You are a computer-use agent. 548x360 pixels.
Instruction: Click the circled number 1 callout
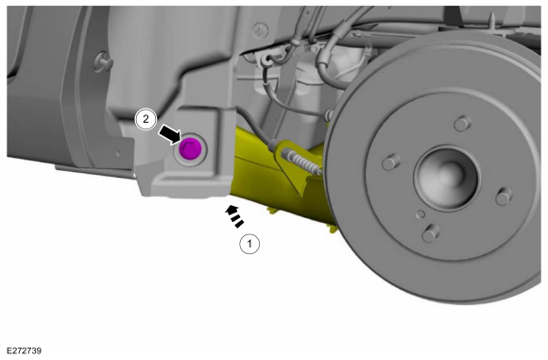tap(249, 243)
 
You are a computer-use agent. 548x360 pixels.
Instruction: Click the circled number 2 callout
tap(146, 120)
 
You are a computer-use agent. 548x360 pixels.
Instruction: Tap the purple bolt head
tap(190, 148)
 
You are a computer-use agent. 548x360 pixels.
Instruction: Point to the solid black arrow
tap(170, 134)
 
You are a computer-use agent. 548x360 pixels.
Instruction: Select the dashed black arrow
tap(233, 216)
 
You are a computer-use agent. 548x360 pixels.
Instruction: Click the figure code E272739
tap(25, 351)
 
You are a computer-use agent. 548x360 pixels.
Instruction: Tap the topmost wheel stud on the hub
tap(463, 123)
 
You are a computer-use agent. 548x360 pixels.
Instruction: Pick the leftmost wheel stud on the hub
tap(391, 163)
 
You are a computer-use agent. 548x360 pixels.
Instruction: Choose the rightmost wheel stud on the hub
tap(504, 197)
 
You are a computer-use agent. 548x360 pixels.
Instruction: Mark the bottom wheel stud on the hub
tap(431, 232)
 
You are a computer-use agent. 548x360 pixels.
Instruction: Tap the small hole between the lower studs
tap(421, 214)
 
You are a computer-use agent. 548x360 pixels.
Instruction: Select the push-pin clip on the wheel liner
tap(103, 62)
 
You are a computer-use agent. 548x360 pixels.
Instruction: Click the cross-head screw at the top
tap(261, 30)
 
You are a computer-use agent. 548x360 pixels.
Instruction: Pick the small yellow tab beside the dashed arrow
tap(273, 210)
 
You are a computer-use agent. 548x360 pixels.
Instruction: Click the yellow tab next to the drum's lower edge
tap(332, 229)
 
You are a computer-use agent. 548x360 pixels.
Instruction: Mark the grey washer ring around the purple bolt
tap(191, 149)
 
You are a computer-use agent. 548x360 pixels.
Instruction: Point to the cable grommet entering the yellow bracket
tap(274, 145)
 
